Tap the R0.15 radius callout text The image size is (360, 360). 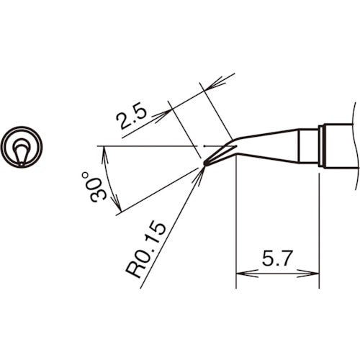coord(145,249)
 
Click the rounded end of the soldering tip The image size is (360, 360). coord(205,164)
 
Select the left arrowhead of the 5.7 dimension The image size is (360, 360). coord(241,274)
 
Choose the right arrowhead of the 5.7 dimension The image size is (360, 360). coord(314,274)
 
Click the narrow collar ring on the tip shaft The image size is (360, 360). coord(322,146)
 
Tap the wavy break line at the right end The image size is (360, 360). coord(354,144)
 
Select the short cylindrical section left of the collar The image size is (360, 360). coord(310,146)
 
